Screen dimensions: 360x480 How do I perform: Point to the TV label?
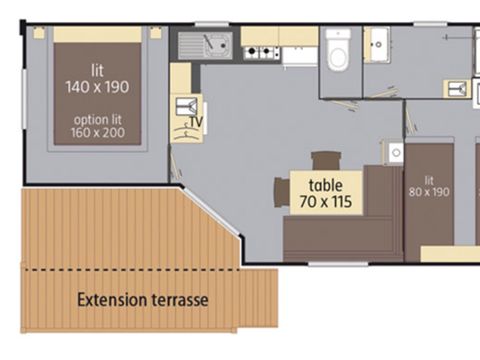click(196, 123)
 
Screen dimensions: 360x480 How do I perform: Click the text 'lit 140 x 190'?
click(97, 79)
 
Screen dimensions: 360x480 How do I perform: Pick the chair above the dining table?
click(325, 160)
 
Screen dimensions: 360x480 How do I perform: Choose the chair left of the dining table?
click(281, 191)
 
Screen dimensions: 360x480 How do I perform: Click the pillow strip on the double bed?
click(97, 35)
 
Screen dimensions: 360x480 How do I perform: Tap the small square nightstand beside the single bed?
click(395, 153)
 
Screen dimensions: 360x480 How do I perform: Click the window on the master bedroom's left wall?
click(25, 100)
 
